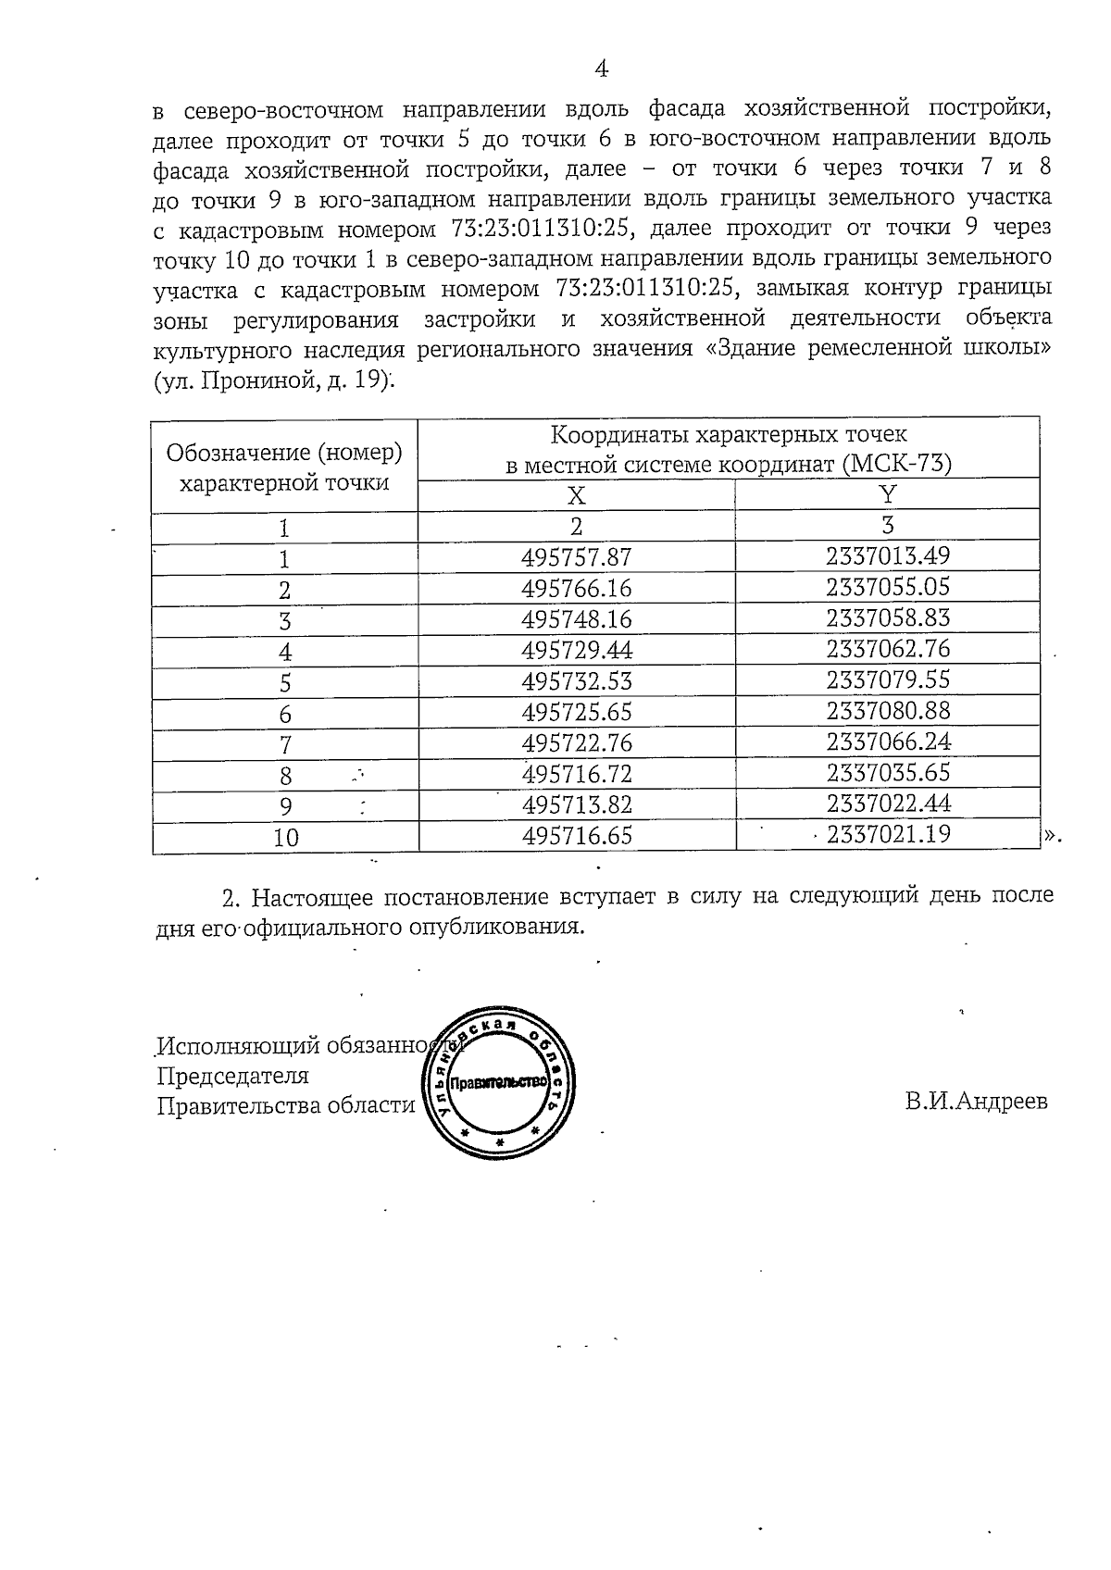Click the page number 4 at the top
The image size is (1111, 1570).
coord(601,69)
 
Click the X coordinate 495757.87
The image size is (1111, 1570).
coord(576,558)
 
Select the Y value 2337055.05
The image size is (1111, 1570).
coord(888,587)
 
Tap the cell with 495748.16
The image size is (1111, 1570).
coord(576,619)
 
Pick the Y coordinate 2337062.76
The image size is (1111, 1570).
coord(888,649)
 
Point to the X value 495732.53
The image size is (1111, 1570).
coord(576,682)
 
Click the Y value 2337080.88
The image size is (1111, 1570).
coord(888,712)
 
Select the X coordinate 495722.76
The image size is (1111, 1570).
coord(576,743)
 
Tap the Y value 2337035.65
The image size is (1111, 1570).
coord(888,773)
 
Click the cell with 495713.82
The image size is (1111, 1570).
coord(576,804)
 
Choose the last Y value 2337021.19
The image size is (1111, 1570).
coord(888,835)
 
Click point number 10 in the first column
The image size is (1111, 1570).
coord(286,838)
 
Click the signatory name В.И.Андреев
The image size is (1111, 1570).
coord(976,1102)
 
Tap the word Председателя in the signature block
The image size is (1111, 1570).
coord(232,1076)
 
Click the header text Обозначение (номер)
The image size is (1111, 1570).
coord(284,454)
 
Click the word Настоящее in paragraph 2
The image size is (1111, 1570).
coord(312,897)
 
